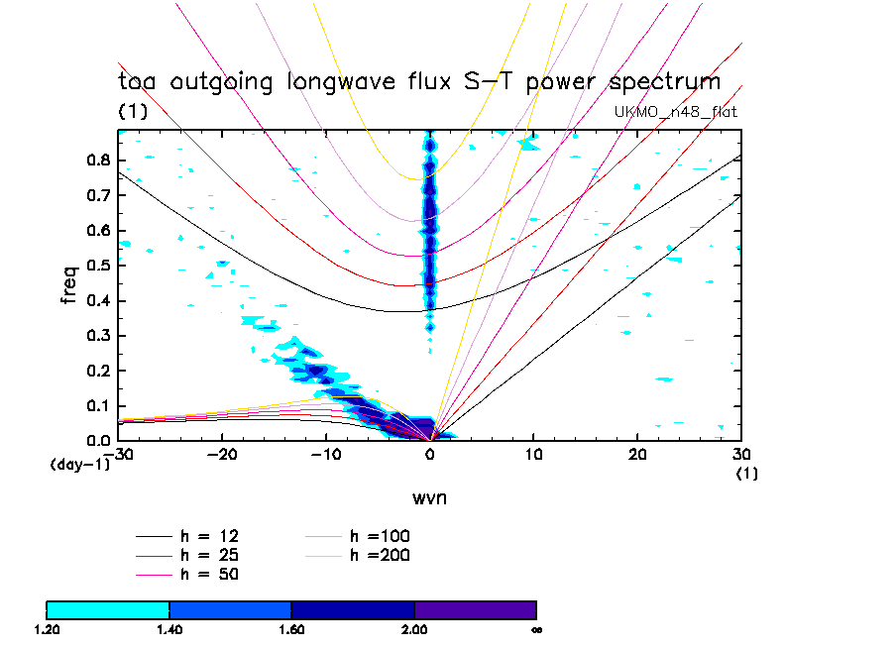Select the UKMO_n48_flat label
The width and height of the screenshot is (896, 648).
[676, 112]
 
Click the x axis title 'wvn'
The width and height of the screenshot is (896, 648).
[429, 497]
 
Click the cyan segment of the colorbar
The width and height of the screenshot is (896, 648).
[108, 609]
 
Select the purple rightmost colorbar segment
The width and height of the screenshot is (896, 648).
[475, 609]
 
